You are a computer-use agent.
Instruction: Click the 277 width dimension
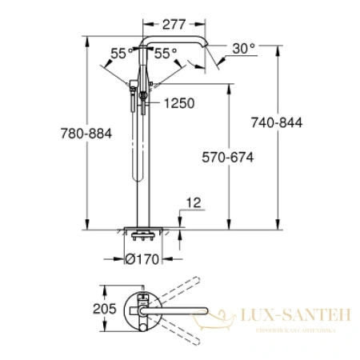[174, 24]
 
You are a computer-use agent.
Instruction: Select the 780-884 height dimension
[86, 134]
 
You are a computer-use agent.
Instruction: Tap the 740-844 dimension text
[277, 122]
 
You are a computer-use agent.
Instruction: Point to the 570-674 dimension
[228, 157]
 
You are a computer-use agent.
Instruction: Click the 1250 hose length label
[179, 103]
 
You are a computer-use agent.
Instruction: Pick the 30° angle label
[244, 49]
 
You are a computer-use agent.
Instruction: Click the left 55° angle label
[122, 54]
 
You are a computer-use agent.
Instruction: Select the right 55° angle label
[166, 54]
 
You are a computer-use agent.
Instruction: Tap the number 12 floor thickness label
[194, 203]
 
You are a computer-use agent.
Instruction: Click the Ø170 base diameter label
[142, 259]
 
